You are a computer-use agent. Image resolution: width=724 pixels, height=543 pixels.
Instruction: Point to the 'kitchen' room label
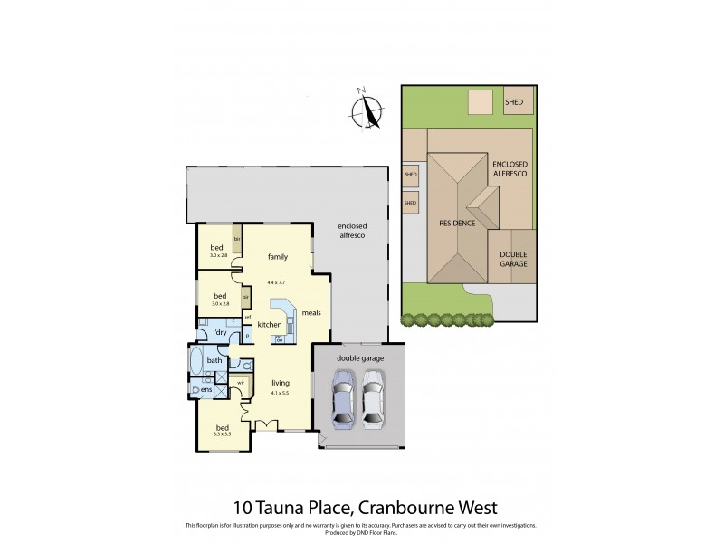tap(271, 325)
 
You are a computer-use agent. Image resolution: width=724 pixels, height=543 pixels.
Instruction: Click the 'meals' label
tap(311, 313)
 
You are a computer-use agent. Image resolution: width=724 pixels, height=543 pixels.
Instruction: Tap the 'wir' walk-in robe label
tap(241, 383)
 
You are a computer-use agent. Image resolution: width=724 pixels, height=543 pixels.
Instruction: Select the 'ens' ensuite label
tap(207, 390)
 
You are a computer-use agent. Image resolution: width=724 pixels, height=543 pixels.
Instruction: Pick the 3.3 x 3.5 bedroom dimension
tap(222, 434)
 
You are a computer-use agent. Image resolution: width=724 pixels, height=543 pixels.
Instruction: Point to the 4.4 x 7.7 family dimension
tap(277, 283)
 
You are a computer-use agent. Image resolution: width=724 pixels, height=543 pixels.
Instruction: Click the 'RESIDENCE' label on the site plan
tap(458, 223)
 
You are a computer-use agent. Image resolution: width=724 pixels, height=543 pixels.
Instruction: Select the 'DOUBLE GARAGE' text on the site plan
tap(513, 260)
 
